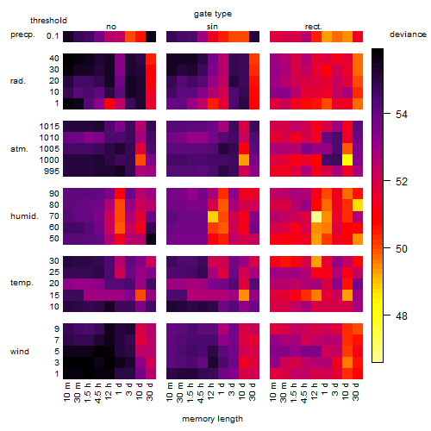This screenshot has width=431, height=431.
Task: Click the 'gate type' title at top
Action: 213,14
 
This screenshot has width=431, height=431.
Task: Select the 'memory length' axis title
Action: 212,419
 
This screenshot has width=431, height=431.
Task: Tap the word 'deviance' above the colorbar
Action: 408,34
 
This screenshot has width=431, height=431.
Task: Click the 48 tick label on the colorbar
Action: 402,316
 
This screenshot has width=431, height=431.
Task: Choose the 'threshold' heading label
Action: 48,21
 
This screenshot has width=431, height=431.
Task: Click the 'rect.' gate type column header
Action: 313,27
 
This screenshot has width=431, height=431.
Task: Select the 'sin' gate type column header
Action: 212,27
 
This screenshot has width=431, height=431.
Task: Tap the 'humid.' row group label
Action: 24,216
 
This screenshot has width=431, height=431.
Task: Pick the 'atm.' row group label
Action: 19,149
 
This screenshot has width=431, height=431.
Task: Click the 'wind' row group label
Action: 20,352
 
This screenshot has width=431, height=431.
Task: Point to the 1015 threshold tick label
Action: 49,127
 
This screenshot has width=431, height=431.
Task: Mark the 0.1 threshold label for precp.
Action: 53,36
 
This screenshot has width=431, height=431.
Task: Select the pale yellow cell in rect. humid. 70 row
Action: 316,216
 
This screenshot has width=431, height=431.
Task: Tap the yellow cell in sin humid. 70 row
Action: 213,216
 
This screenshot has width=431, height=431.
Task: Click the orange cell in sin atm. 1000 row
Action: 244,160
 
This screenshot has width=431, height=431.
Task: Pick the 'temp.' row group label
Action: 22,283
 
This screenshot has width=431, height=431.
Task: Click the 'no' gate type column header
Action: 111,27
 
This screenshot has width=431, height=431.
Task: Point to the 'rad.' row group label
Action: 18,81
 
